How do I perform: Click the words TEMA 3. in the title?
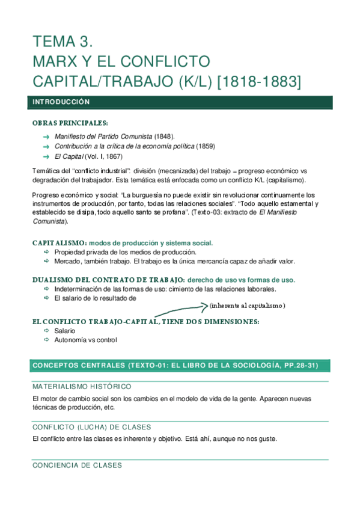click(64, 42)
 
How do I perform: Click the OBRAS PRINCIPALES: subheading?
click(70, 123)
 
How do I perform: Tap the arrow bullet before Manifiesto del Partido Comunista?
click(46, 137)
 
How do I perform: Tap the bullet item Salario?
click(64, 331)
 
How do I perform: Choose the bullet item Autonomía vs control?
click(85, 340)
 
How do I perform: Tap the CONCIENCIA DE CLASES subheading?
click(77, 465)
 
